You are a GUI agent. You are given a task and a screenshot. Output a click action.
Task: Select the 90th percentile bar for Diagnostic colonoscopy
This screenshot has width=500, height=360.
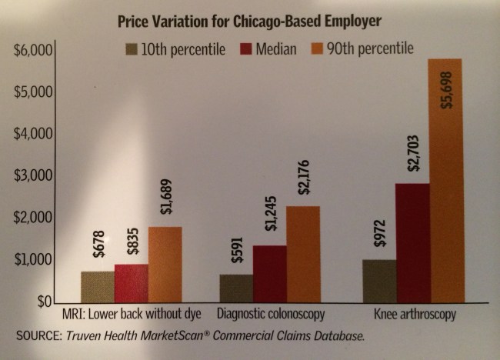(303, 253)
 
